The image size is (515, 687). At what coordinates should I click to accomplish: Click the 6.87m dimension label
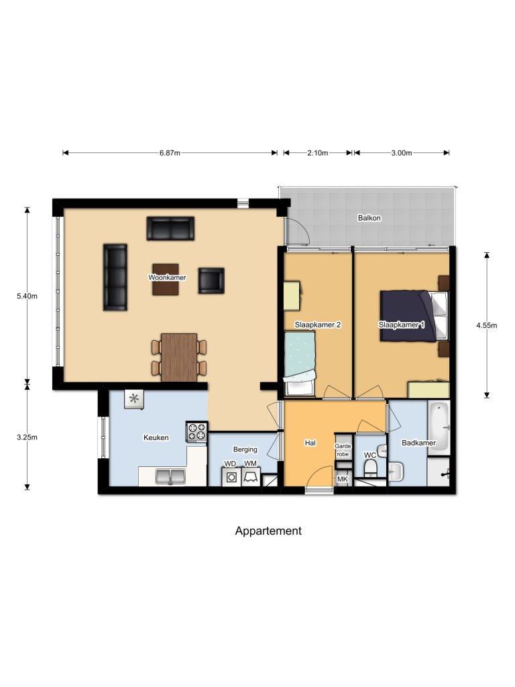tap(170, 153)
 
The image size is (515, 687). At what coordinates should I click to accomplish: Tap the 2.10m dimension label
tap(317, 153)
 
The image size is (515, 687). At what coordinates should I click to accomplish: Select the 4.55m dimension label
tap(486, 325)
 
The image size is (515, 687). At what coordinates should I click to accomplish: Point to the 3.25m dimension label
tap(27, 438)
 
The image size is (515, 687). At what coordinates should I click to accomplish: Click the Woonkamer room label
tap(167, 277)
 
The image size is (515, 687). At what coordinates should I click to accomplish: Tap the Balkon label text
tap(369, 218)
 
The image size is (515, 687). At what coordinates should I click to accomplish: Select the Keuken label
tap(156, 437)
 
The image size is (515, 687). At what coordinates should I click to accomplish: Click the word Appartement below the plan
tap(268, 531)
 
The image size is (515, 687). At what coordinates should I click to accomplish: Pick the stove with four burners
tap(197, 432)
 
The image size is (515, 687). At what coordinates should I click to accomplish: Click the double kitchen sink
tap(171, 476)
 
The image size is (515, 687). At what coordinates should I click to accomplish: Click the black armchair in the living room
tap(211, 280)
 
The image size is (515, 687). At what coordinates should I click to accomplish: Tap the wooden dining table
tap(179, 357)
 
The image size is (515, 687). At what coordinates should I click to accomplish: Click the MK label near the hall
tap(342, 479)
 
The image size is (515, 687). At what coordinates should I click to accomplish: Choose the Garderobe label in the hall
tap(342, 450)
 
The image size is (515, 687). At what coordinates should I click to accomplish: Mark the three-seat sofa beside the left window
tap(115, 277)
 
